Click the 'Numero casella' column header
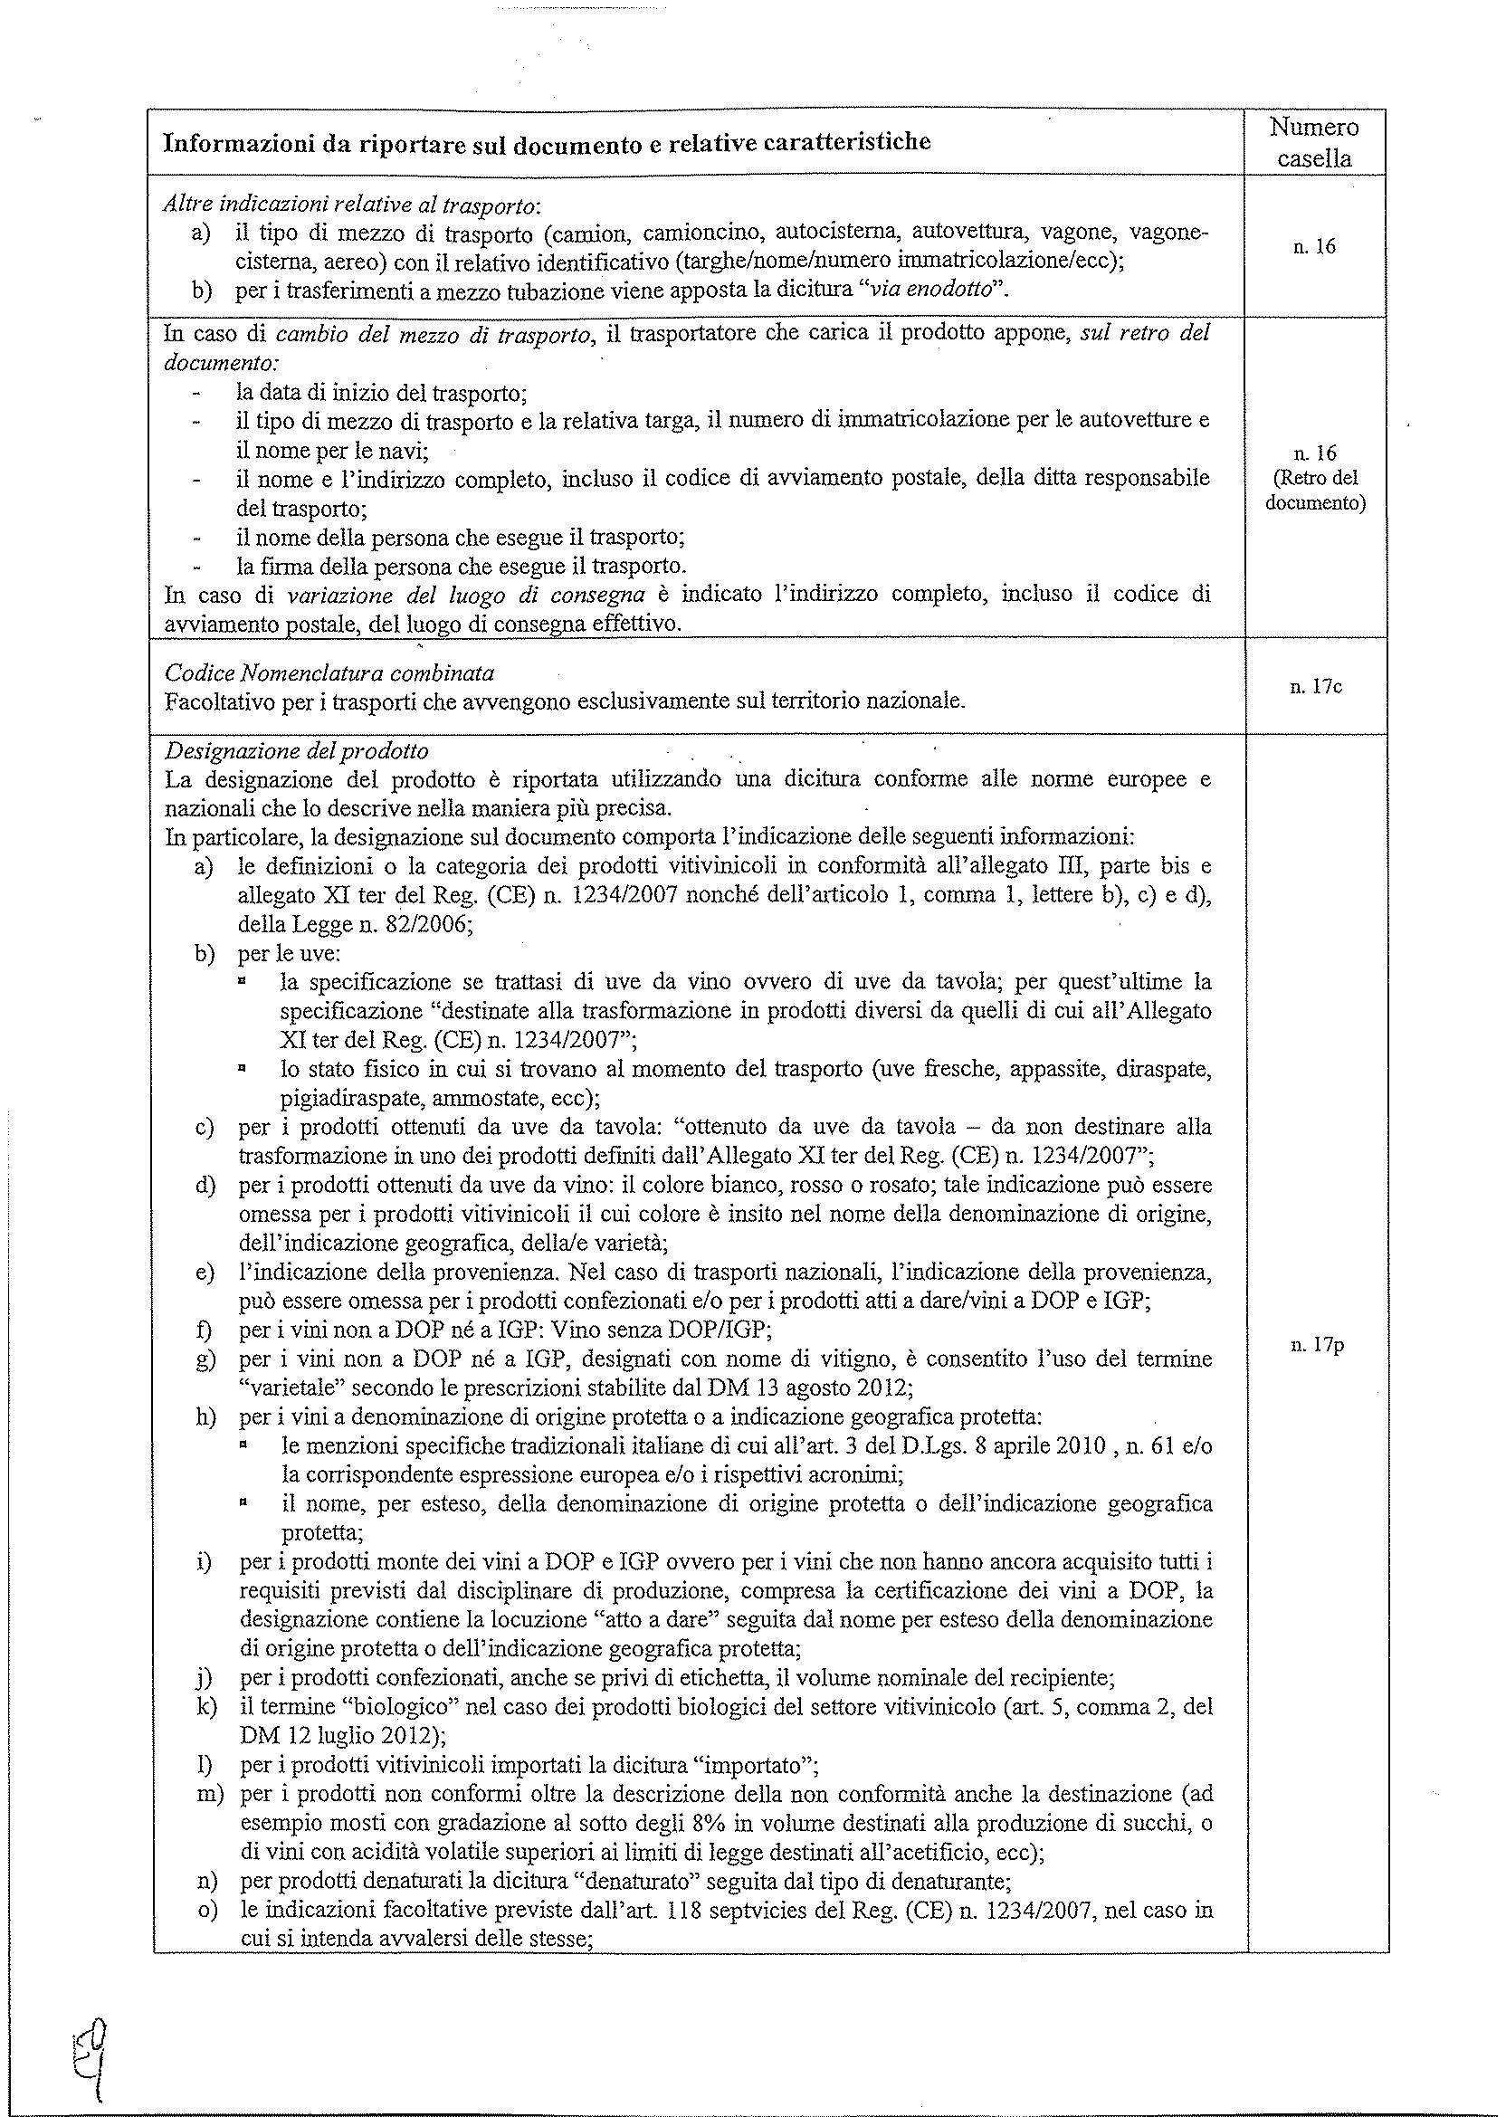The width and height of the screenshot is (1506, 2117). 1313,142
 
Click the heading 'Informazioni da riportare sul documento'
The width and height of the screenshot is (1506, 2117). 547,142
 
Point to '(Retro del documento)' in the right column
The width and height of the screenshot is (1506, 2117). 1315,492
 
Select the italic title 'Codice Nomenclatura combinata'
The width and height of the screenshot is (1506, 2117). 329,672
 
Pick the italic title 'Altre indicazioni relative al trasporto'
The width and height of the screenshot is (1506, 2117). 352,203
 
